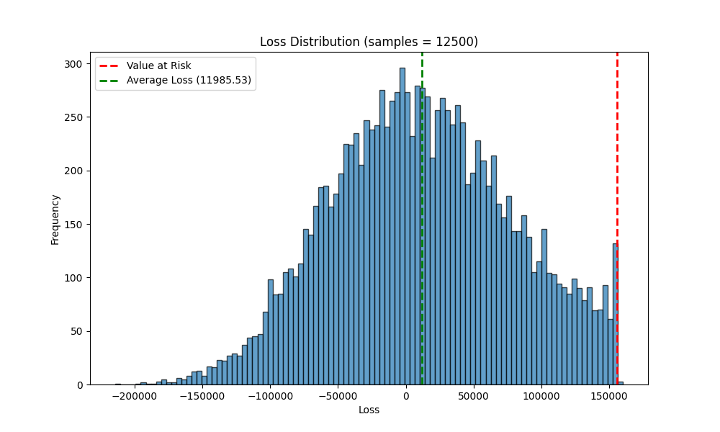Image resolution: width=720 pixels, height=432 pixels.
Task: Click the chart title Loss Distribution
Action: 310,42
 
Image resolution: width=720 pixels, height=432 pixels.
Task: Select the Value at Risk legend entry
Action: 145,66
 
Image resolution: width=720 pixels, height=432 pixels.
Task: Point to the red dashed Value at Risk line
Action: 617,219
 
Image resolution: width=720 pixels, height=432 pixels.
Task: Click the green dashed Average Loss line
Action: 422,219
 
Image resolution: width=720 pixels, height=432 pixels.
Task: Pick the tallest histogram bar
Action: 402,226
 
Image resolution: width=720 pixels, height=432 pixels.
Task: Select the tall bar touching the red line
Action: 615,314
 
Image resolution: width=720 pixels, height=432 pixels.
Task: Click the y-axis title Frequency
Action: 55,220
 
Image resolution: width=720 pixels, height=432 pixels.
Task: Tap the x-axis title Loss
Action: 369,410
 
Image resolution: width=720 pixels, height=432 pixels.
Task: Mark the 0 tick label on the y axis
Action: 80,385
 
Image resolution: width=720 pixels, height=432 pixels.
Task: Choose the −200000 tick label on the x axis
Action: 135,396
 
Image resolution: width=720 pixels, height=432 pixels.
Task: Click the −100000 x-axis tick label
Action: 271,396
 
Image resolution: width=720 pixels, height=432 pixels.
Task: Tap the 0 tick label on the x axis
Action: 406,396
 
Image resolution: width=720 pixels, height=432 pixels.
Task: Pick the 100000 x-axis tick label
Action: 541,396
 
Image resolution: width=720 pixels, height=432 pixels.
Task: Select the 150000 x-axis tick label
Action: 609,396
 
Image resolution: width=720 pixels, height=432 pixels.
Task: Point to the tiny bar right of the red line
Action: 621,383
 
